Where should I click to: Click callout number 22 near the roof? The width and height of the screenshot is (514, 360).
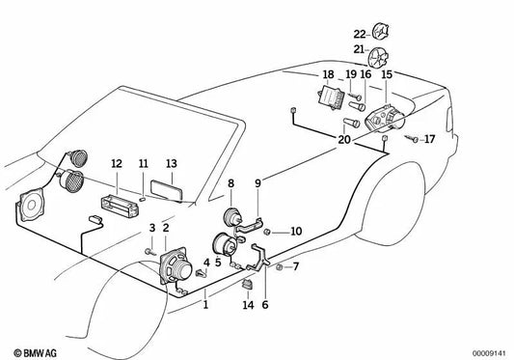(x=360, y=34)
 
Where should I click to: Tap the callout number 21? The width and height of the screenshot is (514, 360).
(x=359, y=49)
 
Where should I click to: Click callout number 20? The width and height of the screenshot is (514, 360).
(x=344, y=140)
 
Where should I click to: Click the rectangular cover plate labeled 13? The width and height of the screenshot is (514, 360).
(x=166, y=190)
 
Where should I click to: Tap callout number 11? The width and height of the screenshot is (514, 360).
(x=144, y=163)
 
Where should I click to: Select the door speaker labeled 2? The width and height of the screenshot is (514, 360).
(x=176, y=266)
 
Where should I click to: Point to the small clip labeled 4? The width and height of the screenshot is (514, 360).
(x=202, y=273)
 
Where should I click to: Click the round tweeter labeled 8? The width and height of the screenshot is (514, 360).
(x=232, y=216)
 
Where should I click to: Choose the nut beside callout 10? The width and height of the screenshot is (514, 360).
(x=267, y=232)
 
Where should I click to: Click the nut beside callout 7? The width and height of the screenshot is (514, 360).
(x=280, y=266)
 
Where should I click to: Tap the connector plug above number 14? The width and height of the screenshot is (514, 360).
(x=248, y=284)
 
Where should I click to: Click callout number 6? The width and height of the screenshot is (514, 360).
(x=265, y=305)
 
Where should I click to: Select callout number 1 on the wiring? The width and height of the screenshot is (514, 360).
(x=205, y=305)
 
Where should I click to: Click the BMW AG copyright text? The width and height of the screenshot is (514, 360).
(x=35, y=353)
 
